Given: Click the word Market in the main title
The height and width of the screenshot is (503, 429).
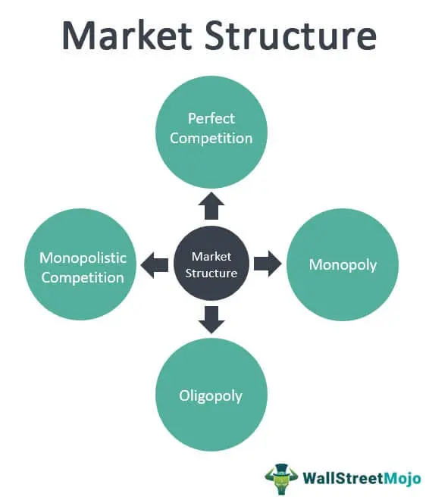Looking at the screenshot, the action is (127, 35).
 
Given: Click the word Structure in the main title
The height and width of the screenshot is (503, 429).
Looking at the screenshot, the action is (290, 35).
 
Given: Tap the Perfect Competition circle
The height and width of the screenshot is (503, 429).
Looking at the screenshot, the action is (211, 132).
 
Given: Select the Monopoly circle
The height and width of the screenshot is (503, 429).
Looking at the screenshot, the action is (343, 264).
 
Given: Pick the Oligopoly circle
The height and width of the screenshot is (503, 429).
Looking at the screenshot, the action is (211, 395).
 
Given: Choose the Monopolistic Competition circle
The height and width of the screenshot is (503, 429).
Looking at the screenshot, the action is (80, 264).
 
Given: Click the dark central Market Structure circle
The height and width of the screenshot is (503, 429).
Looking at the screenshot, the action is (211, 264).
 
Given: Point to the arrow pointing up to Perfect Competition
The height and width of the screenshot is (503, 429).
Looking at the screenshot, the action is (211, 206).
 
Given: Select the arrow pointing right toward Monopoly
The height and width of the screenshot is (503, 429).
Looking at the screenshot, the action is (268, 264).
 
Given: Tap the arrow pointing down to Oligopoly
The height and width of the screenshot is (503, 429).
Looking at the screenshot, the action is (211, 320).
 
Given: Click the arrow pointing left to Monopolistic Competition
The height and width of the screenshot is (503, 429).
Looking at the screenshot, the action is (155, 264).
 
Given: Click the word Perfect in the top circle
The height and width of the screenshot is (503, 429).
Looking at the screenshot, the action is (211, 118).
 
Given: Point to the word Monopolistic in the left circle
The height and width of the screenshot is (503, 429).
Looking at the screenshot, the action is (83, 258).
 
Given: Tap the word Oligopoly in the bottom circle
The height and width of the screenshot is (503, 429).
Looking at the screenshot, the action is (211, 396).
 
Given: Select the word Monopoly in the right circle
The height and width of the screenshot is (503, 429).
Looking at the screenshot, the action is (343, 265).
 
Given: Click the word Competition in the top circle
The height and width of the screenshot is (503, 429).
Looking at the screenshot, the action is (211, 139).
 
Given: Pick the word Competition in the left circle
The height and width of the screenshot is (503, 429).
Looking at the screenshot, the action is (83, 278).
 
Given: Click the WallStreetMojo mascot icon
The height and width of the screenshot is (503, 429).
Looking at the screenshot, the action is (281, 479).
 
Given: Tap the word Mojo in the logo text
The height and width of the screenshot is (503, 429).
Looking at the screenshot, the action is (402, 479).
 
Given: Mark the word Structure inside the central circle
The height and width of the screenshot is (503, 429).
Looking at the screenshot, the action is (211, 273).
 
